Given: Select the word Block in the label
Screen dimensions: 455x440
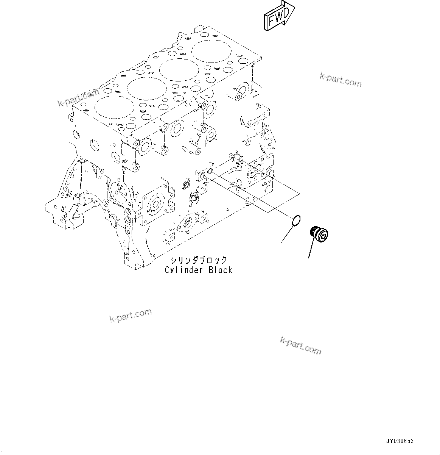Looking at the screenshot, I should click(x=220, y=270).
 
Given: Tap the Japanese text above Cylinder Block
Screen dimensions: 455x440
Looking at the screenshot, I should click(x=199, y=260).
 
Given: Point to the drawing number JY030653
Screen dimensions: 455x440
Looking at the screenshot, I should click(x=400, y=441).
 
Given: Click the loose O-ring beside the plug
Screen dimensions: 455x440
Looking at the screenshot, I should click(x=297, y=220).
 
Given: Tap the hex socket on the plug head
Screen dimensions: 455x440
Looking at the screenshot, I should click(x=323, y=236).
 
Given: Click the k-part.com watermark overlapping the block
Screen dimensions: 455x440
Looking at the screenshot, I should click(x=78, y=97).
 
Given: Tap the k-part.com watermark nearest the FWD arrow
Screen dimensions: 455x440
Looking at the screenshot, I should click(x=340, y=80).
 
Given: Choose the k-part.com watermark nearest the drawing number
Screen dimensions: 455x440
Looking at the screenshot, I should click(x=300, y=346).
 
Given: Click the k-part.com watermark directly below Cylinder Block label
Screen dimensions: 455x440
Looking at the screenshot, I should click(x=131, y=315).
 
